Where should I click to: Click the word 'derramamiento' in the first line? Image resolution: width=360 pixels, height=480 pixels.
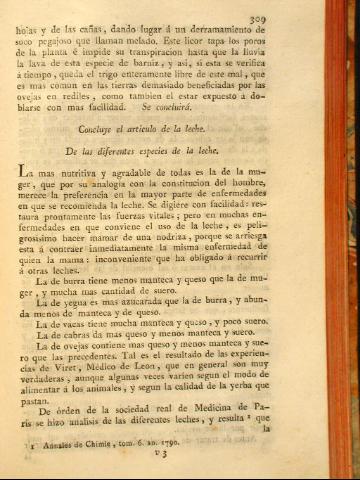point(231,32)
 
